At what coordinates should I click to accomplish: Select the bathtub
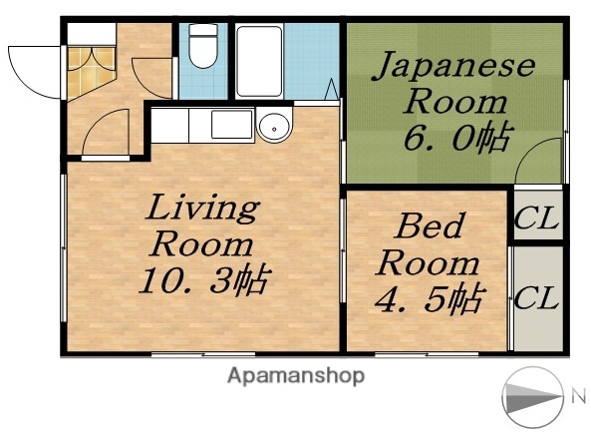coord(261,60)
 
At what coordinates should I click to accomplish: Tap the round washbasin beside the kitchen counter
coord(272,127)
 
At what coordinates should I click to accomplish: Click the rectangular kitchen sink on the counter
coord(229,126)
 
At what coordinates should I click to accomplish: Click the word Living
coord(204,210)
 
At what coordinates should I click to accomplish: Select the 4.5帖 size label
coord(430,297)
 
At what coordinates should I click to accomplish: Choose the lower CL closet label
coord(536,297)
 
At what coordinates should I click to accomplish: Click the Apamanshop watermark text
coord(296,376)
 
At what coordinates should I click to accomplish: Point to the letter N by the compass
coord(577,397)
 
